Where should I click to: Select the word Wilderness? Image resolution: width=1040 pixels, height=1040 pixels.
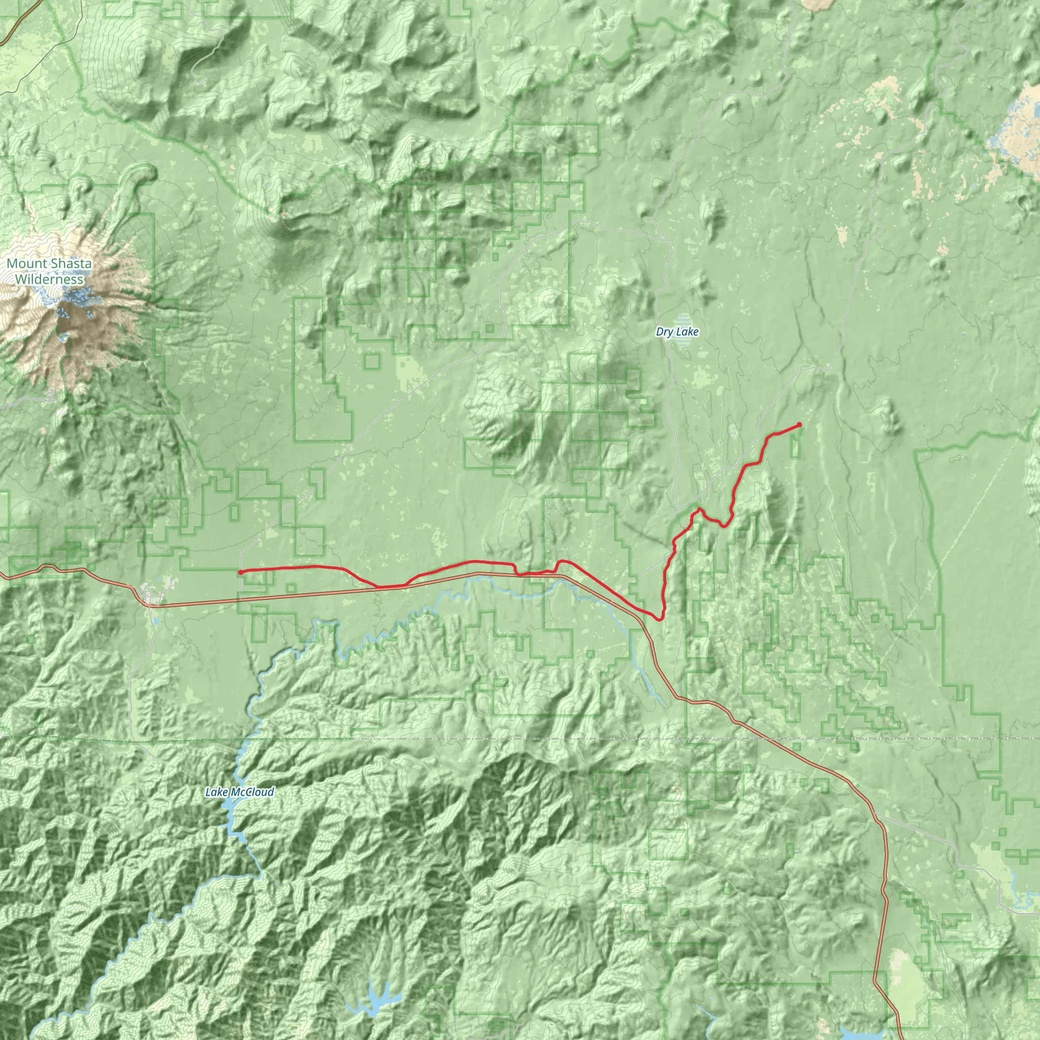[49, 279]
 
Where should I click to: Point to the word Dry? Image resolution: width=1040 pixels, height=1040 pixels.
[664, 332]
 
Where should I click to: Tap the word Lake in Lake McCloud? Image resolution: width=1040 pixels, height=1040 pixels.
[216, 792]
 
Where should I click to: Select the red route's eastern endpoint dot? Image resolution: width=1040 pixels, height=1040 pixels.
[799, 425]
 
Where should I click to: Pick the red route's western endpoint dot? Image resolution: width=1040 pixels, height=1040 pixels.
[240, 572]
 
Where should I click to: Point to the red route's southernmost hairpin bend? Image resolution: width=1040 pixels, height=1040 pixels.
[660, 619]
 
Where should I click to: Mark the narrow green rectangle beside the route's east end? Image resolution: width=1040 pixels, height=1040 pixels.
[795, 446]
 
